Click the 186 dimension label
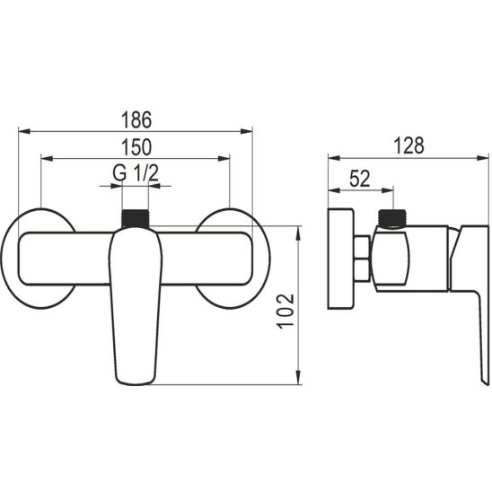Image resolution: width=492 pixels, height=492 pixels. tap(136, 119)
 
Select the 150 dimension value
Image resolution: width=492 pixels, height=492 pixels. tap(136, 147)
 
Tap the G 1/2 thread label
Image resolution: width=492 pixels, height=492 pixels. tap(136, 173)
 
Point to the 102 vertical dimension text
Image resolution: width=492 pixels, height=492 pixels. tap(286, 312)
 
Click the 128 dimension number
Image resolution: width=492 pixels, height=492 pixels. tap(409, 145)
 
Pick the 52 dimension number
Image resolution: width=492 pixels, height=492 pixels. tap(360, 179)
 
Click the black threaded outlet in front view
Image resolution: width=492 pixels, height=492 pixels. tap(135, 218)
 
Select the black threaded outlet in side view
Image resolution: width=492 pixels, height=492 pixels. tap(392, 218)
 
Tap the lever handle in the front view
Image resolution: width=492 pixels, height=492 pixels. tap(136, 306)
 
